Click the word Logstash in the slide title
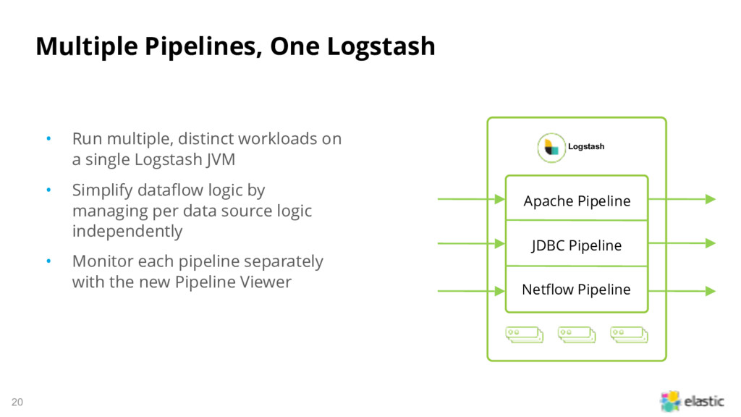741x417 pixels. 381,47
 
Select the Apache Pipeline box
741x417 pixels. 577,198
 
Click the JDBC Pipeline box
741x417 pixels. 577,243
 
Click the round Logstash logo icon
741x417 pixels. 551,148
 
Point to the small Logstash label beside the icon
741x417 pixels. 586,146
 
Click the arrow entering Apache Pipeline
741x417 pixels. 471,199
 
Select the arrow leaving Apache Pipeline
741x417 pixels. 682,199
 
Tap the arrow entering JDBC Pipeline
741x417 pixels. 471,243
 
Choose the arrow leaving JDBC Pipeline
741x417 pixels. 682,243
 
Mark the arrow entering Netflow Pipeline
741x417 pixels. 471,291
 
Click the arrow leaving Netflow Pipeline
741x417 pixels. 682,291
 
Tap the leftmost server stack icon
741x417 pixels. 524,334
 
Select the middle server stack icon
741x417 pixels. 577,334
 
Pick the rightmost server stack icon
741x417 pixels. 629,334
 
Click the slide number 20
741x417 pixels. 17,402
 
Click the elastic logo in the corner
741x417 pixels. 692,401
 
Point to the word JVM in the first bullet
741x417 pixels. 221,160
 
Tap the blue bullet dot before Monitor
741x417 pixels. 48,261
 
